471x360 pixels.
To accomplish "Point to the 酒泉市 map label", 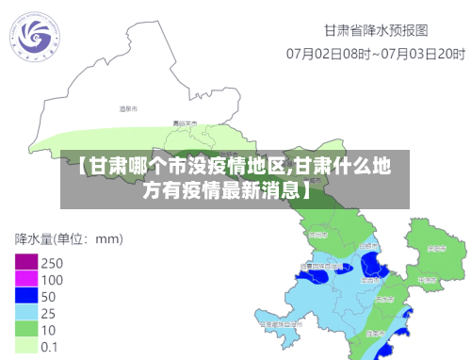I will pos(128,109).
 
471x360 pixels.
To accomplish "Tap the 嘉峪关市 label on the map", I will pos(185,123).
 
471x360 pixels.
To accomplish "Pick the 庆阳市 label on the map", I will pos(436,250).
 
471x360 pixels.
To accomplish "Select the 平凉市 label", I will pos(426,279).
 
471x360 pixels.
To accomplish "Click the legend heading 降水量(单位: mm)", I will pos(70,238).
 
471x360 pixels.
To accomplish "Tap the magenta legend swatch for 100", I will pos(26,279).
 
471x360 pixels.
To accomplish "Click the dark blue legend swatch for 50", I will pos(26,296).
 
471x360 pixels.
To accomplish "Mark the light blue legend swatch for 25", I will pos(26,312).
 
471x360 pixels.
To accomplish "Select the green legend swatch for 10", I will pos(26,329).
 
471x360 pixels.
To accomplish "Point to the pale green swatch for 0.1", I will pos(26,346).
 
